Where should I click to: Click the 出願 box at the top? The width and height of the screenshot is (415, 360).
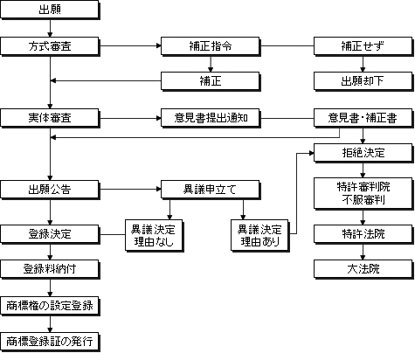[50, 10]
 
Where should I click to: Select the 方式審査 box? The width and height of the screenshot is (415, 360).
[50, 46]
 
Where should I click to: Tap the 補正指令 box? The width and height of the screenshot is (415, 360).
[211, 46]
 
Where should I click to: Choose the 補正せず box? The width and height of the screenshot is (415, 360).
[363, 46]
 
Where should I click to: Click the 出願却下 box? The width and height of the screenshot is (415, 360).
[363, 81]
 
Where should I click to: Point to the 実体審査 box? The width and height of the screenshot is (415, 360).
[50, 118]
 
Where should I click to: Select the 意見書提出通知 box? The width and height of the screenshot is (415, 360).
[211, 118]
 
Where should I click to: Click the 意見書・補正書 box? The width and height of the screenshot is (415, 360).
[363, 118]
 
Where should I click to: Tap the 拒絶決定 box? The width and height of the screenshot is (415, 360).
[363, 153]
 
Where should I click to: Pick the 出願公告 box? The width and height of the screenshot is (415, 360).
[50, 190]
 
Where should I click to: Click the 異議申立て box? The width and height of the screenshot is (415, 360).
[211, 190]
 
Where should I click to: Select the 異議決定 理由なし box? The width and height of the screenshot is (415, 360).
[154, 236]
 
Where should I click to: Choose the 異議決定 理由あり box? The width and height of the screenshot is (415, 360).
[259, 236]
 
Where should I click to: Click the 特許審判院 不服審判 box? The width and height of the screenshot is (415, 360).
[363, 194]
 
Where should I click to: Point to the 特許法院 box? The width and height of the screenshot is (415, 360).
[363, 234]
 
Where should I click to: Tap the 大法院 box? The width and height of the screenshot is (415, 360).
[363, 269]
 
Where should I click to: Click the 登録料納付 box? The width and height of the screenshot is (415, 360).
[50, 269]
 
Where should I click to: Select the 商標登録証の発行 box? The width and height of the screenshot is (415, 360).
[50, 342]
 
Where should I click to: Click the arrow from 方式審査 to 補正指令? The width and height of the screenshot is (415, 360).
[130, 45]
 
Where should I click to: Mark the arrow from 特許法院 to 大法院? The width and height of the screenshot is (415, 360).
[363, 252]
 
